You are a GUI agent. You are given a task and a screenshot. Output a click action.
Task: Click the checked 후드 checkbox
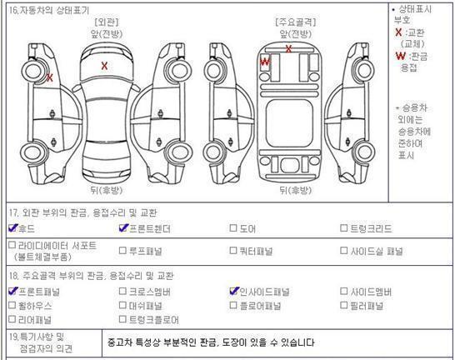(x=12, y=228)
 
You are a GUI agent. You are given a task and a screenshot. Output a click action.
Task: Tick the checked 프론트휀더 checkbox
(x=123, y=228)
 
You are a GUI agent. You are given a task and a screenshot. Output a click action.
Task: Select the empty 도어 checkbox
(x=233, y=228)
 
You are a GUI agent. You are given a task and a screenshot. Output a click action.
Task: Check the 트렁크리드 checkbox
(x=343, y=228)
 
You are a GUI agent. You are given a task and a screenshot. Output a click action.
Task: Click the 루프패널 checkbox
(x=122, y=250)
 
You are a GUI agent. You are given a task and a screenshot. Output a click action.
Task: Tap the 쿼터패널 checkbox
(x=233, y=250)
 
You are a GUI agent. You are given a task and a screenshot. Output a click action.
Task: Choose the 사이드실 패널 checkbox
(x=343, y=250)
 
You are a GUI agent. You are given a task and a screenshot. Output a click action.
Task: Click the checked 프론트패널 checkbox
(x=12, y=291)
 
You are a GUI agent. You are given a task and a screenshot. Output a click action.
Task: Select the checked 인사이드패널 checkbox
(x=234, y=291)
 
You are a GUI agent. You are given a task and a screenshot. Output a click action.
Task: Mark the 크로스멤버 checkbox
(x=122, y=291)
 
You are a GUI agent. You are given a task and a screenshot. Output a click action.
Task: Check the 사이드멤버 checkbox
(x=343, y=291)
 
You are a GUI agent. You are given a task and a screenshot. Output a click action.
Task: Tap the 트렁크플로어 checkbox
(x=122, y=319)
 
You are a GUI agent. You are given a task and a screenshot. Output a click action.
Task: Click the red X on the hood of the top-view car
(x=104, y=66)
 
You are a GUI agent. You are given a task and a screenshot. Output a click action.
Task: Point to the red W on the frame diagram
(x=265, y=62)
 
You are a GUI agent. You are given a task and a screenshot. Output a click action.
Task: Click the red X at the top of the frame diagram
(x=288, y=48)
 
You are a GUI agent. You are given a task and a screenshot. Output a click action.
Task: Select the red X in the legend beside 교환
(x=398, y=32)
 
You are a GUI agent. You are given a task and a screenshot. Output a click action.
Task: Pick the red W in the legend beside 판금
(x=401, y=56)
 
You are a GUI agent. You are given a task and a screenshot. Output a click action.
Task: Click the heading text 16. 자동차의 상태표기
(x=49, y=11)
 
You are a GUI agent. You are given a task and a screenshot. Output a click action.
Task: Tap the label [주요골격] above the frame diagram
(x=296, y=22)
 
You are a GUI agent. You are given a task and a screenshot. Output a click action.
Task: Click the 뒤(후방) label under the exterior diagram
(x=107, y=190)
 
